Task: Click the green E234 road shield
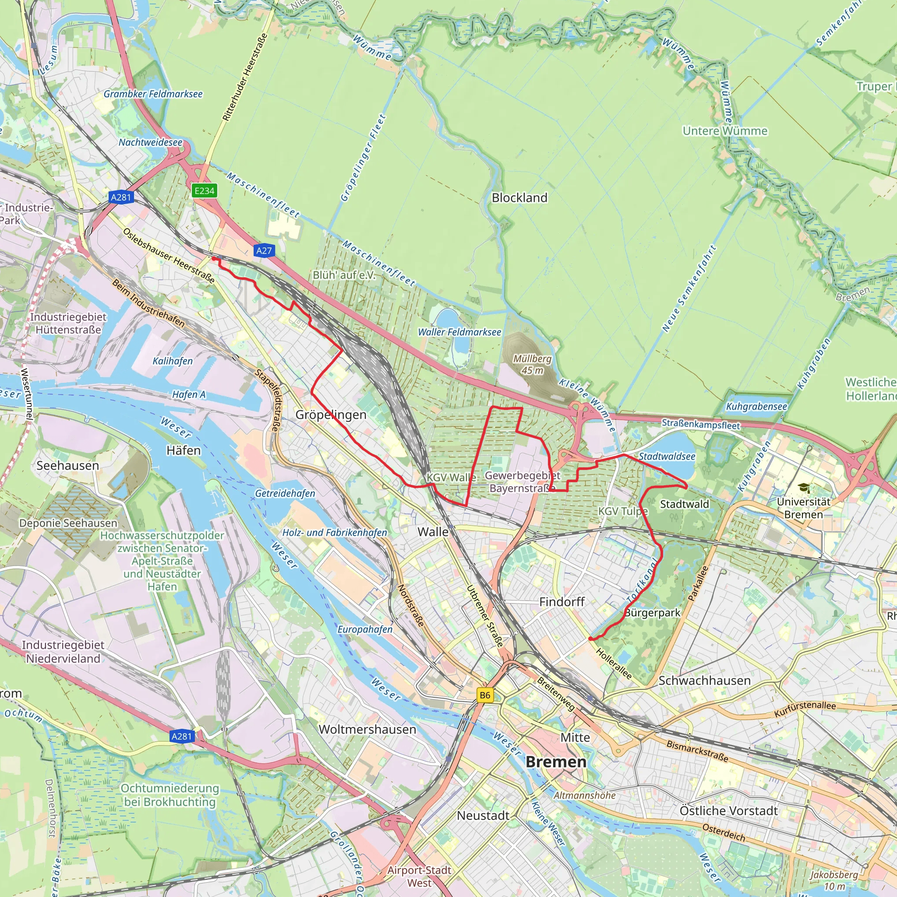(204, 191)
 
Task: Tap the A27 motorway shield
(264, 251)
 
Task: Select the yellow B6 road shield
(485, 695)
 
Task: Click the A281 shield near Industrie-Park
(121, 197)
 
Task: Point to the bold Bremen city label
(556, 762)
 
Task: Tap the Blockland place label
(519, 198)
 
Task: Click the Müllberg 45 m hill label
(532, 364)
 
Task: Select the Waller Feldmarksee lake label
(459, 332)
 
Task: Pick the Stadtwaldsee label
(667, 456)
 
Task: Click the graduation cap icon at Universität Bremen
(804, 488)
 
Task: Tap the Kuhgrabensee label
(756, 407)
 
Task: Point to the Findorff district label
(562, 602)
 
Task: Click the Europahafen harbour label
(365, 629)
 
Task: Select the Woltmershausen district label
(367, 729)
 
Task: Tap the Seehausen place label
(68, 465)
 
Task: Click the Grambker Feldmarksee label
(153, 94)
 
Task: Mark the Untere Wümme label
(725, 131)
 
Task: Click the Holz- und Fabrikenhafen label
(334, 533)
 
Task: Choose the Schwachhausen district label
(704, 681)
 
